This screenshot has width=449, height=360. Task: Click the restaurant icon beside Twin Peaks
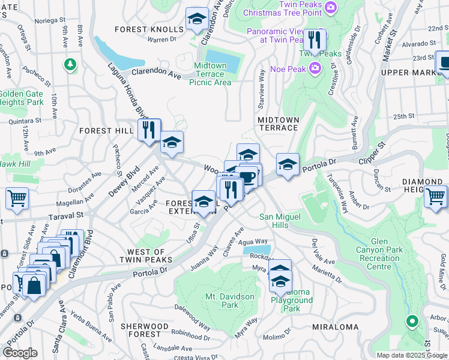pos(314,40)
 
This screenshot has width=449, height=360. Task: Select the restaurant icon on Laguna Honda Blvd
pos(149,130)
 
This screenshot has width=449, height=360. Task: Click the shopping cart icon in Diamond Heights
pos(436,196)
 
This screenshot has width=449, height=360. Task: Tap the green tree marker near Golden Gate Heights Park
pos(71,63)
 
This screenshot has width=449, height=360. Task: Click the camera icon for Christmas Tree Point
pos(332,7)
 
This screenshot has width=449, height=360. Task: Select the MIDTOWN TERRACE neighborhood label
pos(278,124)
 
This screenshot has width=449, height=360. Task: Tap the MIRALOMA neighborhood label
pos(336,327)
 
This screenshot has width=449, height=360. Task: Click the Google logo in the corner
pos(20,352)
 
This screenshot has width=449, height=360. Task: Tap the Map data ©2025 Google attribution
pos(412,355)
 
